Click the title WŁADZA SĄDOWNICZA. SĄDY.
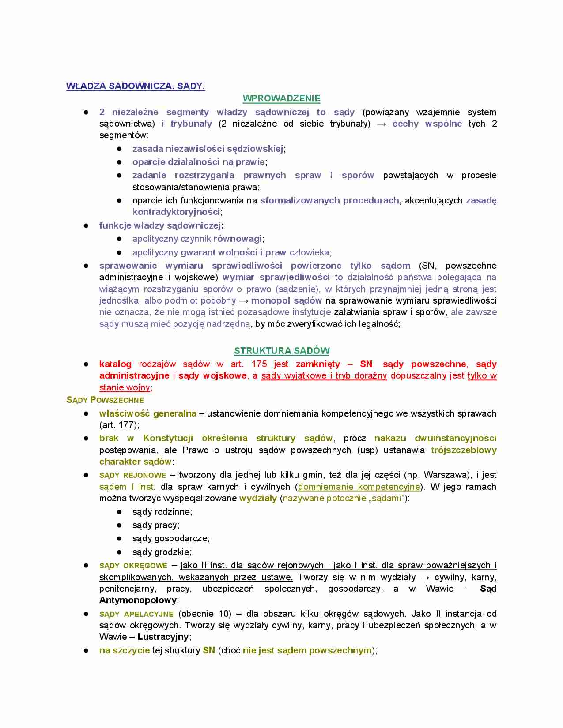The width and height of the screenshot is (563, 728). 136,86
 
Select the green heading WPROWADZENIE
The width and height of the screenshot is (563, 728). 281,98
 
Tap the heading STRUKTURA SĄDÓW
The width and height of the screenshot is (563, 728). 282,351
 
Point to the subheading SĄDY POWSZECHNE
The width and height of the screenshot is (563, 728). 105,400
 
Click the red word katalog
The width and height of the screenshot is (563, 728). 115,364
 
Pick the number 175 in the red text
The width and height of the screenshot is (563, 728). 259,364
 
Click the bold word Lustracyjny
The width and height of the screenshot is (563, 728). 163,637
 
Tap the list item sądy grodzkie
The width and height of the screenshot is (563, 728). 162,552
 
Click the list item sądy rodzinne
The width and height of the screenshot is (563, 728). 162,512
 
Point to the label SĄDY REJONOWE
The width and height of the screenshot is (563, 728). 132,475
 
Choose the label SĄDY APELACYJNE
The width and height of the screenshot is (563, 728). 136,614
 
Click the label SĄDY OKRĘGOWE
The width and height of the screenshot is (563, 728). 133,566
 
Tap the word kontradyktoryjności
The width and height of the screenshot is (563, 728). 176,212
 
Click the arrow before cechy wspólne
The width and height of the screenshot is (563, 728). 382,124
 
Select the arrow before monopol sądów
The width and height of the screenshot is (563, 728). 243,301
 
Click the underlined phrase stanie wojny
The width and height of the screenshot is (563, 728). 125,387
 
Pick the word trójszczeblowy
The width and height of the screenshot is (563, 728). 464,450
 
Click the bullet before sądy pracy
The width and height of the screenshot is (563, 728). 119,525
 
